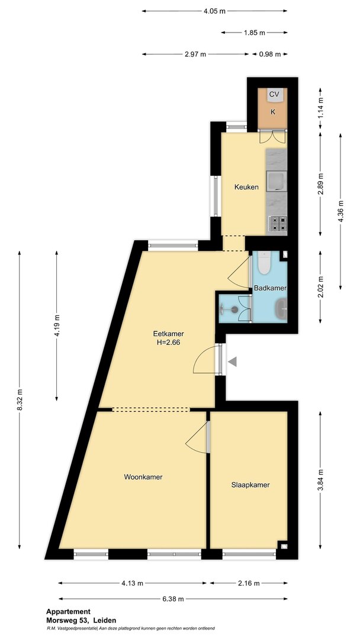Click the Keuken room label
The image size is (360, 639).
(246, 188)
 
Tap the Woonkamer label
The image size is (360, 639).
(143, 477)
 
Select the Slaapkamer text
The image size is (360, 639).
(250, 485)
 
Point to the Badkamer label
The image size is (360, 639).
(270, 288)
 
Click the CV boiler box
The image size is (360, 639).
(274, 95)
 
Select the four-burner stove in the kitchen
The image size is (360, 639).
(278, 224)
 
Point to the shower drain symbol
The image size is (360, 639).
(234, 309)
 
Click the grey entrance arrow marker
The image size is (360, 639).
(232, 361)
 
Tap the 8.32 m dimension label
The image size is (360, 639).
(19, 400)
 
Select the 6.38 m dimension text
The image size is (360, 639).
(173, 599)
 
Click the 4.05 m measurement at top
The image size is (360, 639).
(214, 11)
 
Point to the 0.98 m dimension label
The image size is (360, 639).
(270, 54)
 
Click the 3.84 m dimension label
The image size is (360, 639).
(320, 480)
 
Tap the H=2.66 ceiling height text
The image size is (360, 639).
(168, 343)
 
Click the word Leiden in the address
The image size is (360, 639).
(105, 620)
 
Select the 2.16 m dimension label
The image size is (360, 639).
(249, 583)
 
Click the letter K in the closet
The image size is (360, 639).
(273, 112)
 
